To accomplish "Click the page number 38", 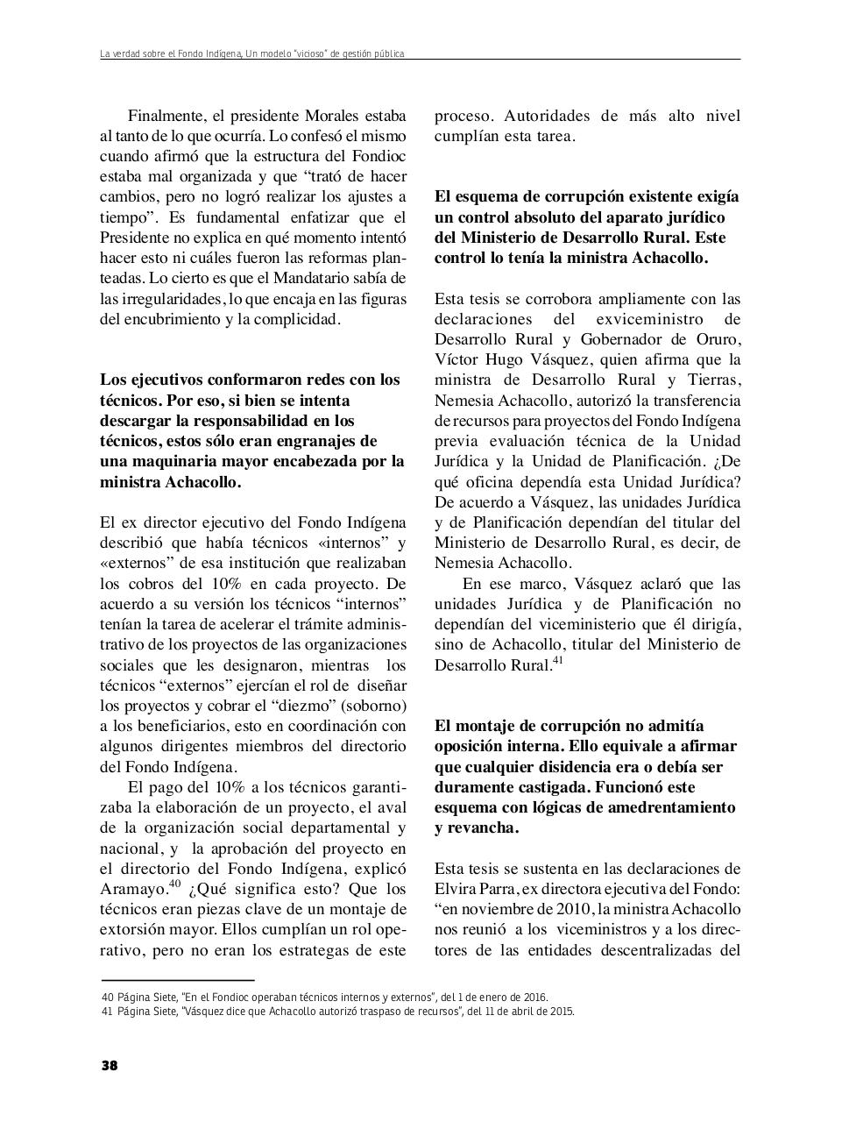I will pos(109,1065).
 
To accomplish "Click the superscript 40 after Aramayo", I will pos(174,884).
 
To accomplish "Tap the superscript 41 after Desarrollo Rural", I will pos(556,661).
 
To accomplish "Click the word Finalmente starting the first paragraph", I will pos(167,116).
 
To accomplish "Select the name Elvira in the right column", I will pos(456,889).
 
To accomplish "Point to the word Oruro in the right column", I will pos(718,339).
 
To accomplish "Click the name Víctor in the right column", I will pos(456,359).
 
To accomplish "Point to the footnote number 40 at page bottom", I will pos(109,998).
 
